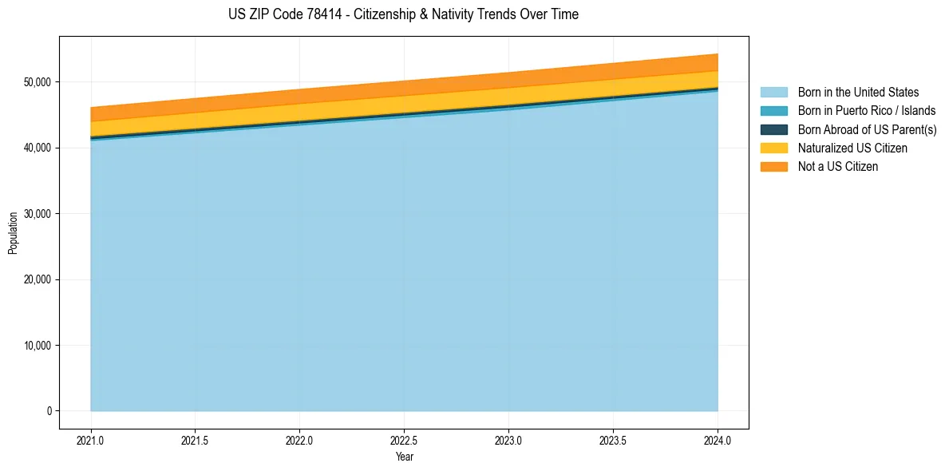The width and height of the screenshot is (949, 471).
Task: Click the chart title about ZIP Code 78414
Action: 403,14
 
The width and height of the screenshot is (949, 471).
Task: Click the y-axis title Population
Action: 13,233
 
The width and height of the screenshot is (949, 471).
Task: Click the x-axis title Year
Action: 404,457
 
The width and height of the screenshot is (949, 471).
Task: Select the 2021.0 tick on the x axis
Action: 90,440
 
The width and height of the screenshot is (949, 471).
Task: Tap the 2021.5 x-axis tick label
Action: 195,440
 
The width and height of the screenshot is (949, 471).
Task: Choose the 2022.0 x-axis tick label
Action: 299,440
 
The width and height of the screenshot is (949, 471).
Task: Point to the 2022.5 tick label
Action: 404,440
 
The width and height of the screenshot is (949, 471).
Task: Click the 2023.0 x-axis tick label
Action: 508,440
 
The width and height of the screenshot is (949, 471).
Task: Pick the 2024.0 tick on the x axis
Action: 718,440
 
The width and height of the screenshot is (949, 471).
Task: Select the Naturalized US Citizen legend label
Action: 852,148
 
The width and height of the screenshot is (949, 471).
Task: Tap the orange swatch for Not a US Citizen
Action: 773,167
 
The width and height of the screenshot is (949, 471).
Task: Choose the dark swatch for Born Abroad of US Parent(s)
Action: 773,129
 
